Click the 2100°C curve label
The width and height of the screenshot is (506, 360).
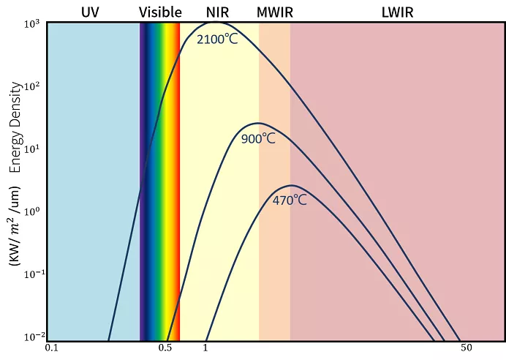pyautogui.click(x=217, y=39)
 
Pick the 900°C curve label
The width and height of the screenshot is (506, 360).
pyautogui.click(x=258, y=138)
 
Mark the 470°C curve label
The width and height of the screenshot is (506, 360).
pyautogui.click(x=290, y=200)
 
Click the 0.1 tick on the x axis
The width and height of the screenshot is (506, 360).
pyautogui.click(x=51, y=348)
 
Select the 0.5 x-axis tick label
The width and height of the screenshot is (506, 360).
pyautogui.click(x=166, y=348)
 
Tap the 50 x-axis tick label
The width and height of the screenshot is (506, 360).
pyautogui.click(x=465, y=348)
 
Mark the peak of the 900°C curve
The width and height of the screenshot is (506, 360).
pyautogui.click(x=257, y=123)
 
